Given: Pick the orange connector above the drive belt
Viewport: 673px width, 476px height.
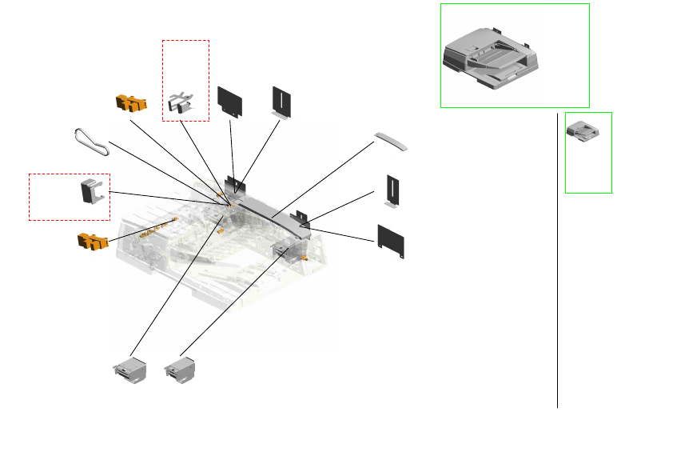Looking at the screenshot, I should point(130,102).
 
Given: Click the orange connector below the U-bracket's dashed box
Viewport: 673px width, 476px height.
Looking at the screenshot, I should point(91,241).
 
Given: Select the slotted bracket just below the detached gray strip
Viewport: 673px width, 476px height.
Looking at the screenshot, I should point(392,190).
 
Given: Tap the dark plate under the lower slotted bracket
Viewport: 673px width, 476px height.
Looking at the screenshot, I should point(391,241).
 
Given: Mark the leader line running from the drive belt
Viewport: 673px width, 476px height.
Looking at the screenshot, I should point(160,171).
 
